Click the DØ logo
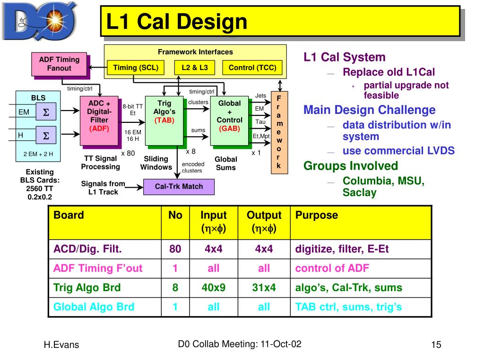[x=39, y=21]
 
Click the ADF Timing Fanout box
[x=59, y=64]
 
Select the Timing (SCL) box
[x=136, y=68]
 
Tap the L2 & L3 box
[x=194, y=68]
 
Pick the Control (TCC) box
[x=252, y=68]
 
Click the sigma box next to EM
[x=46, y=112]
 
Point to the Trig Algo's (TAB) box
[x=164, y=121]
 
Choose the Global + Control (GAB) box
[x=229, y=121]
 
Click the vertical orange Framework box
[x=279, y=132]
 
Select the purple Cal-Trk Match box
[x=179, y=187]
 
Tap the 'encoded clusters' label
[x=193, y=167]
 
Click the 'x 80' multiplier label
[x=128, y=153]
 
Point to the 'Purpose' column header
[x=316, y=215]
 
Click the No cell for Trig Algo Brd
[x=175, y=288]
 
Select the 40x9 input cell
[x=213, y=288]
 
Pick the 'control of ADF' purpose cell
[x=332, y=268]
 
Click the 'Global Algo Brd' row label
[x=94, y=307]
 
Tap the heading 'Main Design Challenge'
[x=369, y=110]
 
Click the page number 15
[x=436, y=345]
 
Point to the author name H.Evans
[x=61, y=345]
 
